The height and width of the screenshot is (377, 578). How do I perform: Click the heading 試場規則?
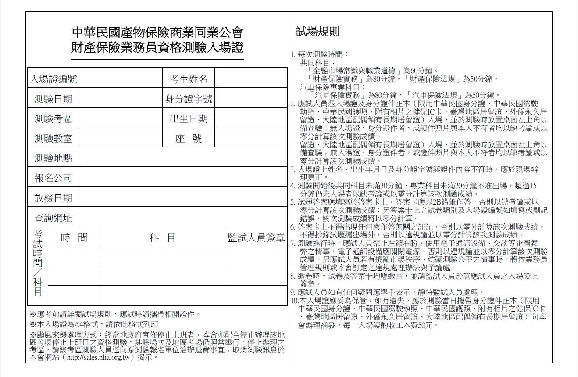click(318, 32)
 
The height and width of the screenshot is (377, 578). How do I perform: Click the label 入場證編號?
click(53, 79)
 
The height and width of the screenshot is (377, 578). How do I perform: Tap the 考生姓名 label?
click(189, 79)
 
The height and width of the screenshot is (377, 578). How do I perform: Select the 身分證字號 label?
click(189, 99)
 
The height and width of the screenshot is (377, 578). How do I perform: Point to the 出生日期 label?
click(189, 119)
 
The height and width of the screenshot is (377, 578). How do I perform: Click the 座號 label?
click(189, 139)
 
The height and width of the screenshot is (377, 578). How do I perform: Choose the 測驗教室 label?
click(53, 139)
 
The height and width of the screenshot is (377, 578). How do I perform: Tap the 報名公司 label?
click(53, 178)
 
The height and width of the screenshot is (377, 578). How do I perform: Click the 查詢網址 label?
click(53, 218)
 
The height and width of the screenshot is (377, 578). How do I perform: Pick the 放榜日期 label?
click(53, 198)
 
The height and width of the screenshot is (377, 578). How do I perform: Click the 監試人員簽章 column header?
click(256, 238)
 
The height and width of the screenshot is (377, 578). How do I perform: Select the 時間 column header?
click(74, 238)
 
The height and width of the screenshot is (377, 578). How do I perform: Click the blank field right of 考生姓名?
click(251, 79)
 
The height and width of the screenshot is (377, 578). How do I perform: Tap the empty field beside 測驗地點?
click(183, 158)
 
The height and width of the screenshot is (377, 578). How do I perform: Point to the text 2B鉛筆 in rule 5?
click(446, 202)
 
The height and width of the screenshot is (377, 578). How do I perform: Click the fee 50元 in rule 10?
click(424, 326)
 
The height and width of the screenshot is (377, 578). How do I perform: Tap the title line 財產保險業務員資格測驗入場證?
click(157, 47)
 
